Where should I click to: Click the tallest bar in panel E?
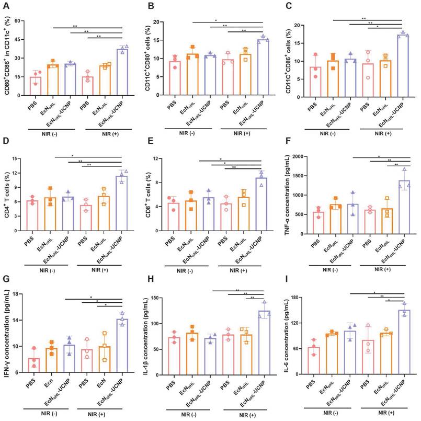261,198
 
